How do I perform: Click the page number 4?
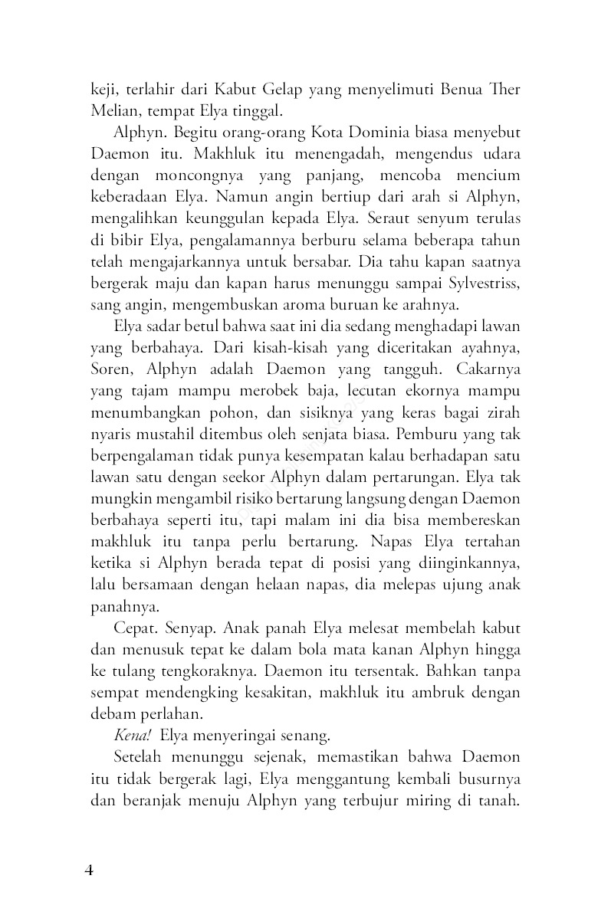[x=89, y=871]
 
